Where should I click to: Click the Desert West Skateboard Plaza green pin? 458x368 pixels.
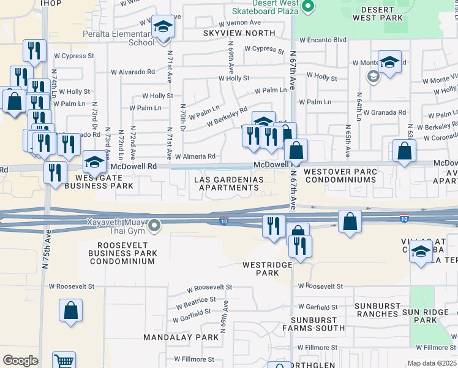tap(309, 7)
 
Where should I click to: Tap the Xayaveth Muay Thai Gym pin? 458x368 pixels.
tap(154, 226)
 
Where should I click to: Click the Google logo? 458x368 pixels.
tap(20, 361)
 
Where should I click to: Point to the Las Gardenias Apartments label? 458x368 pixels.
tap(229, 183)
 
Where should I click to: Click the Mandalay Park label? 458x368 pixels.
tap(181, 337)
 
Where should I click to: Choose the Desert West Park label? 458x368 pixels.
tap(382, 13)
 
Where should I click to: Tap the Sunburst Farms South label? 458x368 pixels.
tap(313, 324)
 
